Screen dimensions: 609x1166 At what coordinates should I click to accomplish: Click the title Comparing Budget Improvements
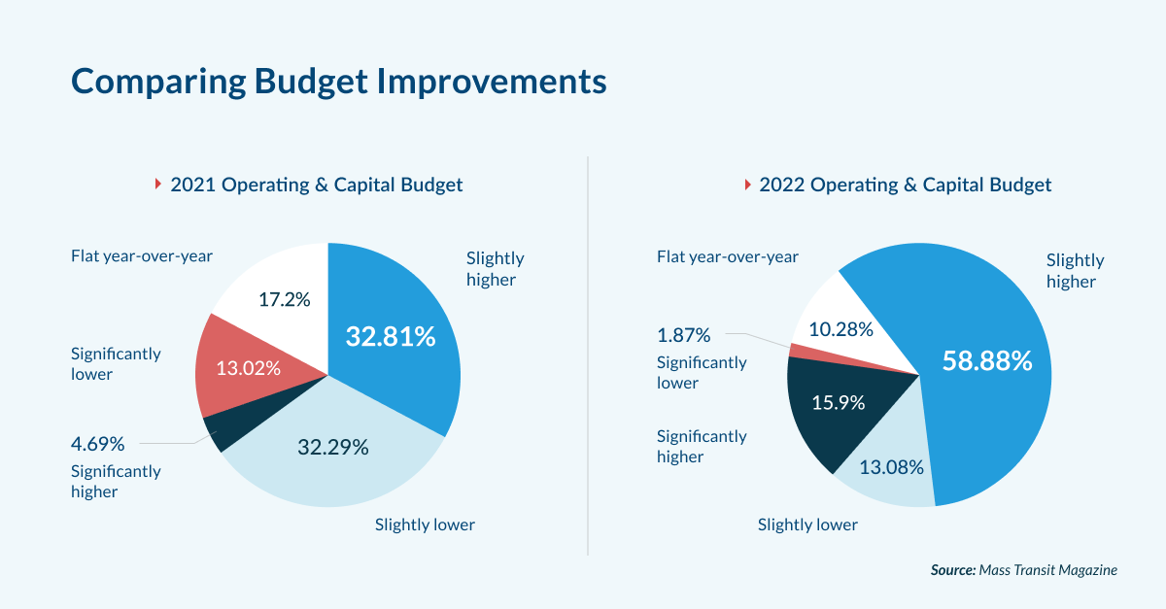pyautogui.click(x=339, y=82)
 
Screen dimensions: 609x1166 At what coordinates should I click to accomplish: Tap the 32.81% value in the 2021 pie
pyautogui.click(x=391, y=337)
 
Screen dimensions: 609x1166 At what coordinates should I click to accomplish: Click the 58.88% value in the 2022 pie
pyautogui.click(x=986, y=361)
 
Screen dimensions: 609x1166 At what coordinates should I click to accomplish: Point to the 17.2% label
pyautogui.click(x=284, y=299)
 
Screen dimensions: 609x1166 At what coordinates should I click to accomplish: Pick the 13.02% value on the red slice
pyautogui.click(x=248, y=368)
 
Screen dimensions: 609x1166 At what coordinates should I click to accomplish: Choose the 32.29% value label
pyautogui.click(x=332, y=448)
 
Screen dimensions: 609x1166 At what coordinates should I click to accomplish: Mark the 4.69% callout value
pyautogui.click(x=97, y=445)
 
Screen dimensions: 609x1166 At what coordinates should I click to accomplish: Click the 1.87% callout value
pyautogui.click(x=683, y=336)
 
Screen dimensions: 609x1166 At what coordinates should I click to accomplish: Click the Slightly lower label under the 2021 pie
pyautogui.click(x=425, y=525)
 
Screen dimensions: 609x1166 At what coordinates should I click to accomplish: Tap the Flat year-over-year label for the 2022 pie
pyautogui.click(x=727, y=257)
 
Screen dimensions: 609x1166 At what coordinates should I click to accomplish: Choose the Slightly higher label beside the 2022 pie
pyautogui.click(x=1075, y=271)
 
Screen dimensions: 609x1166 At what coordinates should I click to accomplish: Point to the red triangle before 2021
pyautogui.click(x=157, y=185)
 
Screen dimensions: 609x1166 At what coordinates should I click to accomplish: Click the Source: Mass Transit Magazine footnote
pyautogui.click(x=1023, y=570)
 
